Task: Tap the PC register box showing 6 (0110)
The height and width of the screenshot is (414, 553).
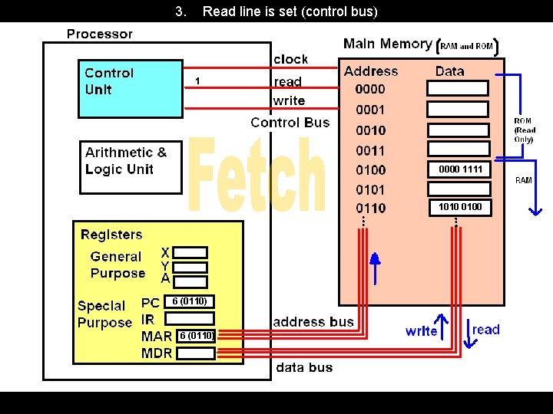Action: tap(189, 301)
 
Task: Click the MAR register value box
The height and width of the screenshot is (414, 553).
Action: tap(196, 336)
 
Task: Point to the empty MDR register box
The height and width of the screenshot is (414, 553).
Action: tap(195, 353)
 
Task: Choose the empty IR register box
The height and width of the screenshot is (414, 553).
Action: tap(189, 318)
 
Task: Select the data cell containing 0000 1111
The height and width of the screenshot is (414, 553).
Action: tap(459, 169)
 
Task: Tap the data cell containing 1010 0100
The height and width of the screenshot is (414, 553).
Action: tap(459, 207)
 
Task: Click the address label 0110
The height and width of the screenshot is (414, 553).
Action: tap(371, 208)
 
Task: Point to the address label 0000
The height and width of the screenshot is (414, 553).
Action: tap(371, 90)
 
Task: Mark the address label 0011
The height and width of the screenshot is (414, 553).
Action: tap(371, 150)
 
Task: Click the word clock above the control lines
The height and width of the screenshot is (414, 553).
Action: tap(290, 59)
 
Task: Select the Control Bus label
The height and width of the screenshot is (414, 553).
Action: tap(290, 123)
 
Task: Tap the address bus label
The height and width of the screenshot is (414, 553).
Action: tap(313, 322)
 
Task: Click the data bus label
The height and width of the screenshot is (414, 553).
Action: tap(304, 367)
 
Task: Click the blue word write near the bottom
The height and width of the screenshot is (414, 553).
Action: tap(421, 331)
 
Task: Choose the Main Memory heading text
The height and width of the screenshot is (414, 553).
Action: tap(387, 44)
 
